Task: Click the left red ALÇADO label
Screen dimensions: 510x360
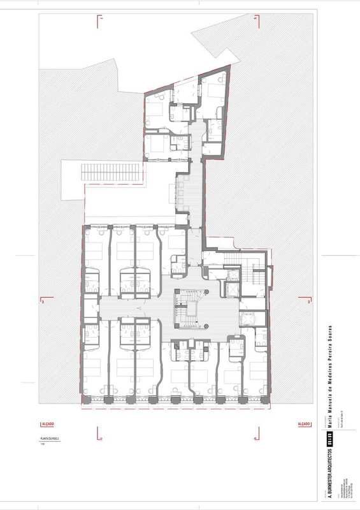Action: coord(47,424)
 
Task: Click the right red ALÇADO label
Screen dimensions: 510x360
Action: coord(303,424)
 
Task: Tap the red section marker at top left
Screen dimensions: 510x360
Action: coord(100,20)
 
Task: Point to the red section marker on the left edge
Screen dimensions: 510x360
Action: coord(43,301)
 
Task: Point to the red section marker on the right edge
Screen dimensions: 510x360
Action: coord(308,301)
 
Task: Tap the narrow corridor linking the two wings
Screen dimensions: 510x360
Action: coord(196,191)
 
